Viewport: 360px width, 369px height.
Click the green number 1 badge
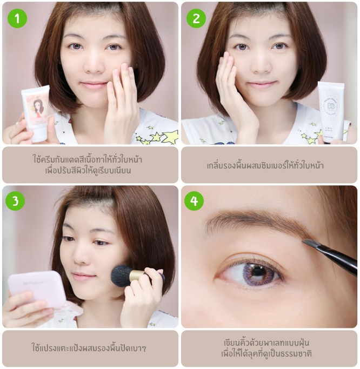tap(17, 18)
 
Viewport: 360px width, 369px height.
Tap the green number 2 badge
tap(196, 18)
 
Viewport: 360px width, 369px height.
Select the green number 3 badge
tap(15, 201)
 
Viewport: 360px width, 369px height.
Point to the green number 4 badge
tap(194, 201)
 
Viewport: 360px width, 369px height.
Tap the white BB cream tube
tap(331, 112)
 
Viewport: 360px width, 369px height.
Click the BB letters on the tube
tap(331, 106)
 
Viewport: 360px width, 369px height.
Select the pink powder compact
tap(38, 290)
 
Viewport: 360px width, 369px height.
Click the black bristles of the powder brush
tap(121, 276)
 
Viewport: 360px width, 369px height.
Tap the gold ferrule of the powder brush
tap(137, 276)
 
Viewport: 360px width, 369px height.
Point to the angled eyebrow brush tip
tap(308, 243)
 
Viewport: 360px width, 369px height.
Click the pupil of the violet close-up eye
tap(258, 271)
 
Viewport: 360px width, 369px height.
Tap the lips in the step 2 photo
tap(262, 84)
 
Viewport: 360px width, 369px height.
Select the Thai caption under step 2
tap(265, 165)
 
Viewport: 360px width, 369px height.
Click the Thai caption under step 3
tap(89, 347)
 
